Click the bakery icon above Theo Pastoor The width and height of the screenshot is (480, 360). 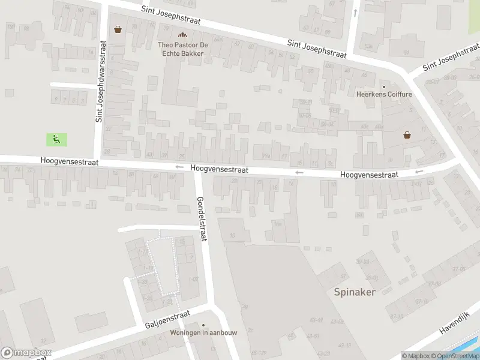pos(182,35)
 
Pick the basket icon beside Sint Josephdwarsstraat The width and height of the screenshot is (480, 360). pos(118,29)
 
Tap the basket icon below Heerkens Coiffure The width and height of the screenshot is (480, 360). pos(407,135)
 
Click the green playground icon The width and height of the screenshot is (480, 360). pos(56,140)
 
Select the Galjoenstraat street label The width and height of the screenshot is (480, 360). pos(167,319)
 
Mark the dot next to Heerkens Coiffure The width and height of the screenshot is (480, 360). pos(384,86)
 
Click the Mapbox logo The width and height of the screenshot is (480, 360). pos(26,353)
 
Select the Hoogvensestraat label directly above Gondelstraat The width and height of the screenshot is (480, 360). pos(219,170)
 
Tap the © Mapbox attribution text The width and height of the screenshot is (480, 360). pos(416,356)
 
